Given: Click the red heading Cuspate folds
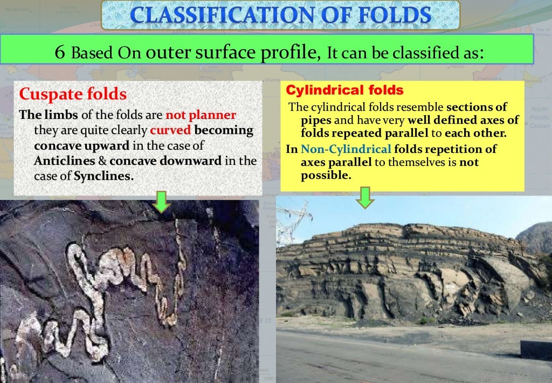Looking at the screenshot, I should click(x=73, y=95).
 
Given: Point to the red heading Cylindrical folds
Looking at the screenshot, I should click(x=344, y=90).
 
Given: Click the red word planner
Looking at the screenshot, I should click(x=201, y=116).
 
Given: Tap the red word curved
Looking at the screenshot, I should click(x=170, y=131).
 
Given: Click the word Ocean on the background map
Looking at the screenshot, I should click(x=539, y=125).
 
